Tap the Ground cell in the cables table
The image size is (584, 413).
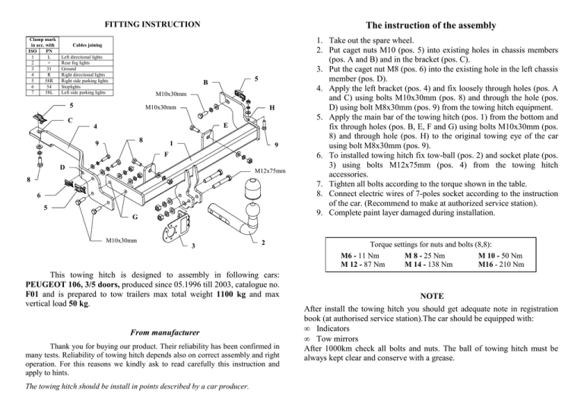click(68, 68)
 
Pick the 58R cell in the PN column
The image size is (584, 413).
click(47, 81)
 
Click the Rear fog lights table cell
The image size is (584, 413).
click(75, 62)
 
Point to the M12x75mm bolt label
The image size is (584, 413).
click(270, 170)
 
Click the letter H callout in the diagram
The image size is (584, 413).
click(271, 108)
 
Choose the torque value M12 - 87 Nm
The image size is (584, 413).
click(361, 265)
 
